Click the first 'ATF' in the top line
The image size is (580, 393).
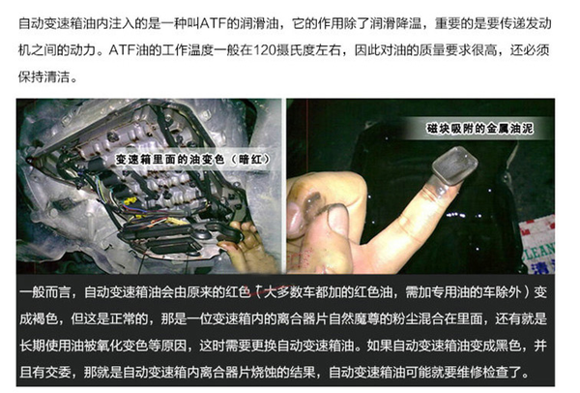[213, 23]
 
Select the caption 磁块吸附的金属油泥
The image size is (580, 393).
[479, 129]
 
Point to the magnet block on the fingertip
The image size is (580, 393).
[454, 165]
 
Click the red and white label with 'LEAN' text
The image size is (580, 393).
[537, 245]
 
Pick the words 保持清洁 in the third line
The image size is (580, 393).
[44, 76]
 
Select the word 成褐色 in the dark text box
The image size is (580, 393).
[39, 318]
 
